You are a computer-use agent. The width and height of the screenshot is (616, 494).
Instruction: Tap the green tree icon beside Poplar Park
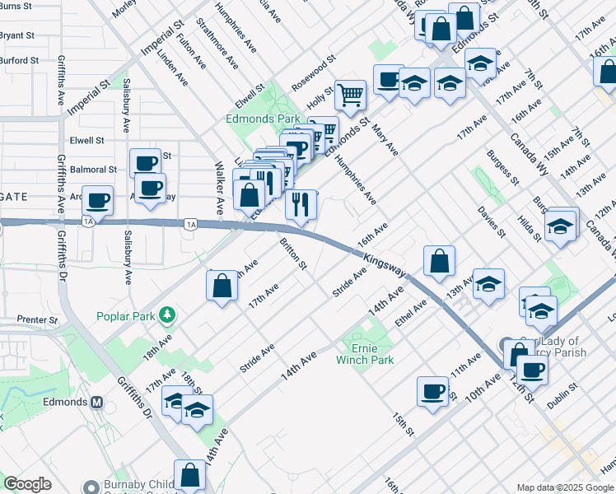(167, 315)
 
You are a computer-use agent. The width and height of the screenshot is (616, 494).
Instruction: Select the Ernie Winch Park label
(365, 354)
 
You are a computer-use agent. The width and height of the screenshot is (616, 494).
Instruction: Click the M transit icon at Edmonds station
(97, 403)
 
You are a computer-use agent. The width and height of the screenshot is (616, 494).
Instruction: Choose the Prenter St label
(37, 319)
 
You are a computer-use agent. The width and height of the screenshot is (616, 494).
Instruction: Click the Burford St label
(20, 60)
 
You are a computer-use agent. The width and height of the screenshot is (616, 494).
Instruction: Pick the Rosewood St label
(314, 72)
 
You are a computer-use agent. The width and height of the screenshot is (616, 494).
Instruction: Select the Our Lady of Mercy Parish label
(552, 347)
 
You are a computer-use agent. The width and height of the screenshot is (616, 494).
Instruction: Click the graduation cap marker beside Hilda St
(561, 224)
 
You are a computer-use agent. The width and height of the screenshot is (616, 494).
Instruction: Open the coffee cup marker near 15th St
(432, 392)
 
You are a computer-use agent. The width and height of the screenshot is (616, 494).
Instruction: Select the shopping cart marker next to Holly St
(351, 96)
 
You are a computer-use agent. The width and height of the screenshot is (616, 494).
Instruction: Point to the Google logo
(27, 484)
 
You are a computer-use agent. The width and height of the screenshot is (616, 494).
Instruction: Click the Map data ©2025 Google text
(564, 487)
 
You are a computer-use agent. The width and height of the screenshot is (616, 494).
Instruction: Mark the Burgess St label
(502, 166)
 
